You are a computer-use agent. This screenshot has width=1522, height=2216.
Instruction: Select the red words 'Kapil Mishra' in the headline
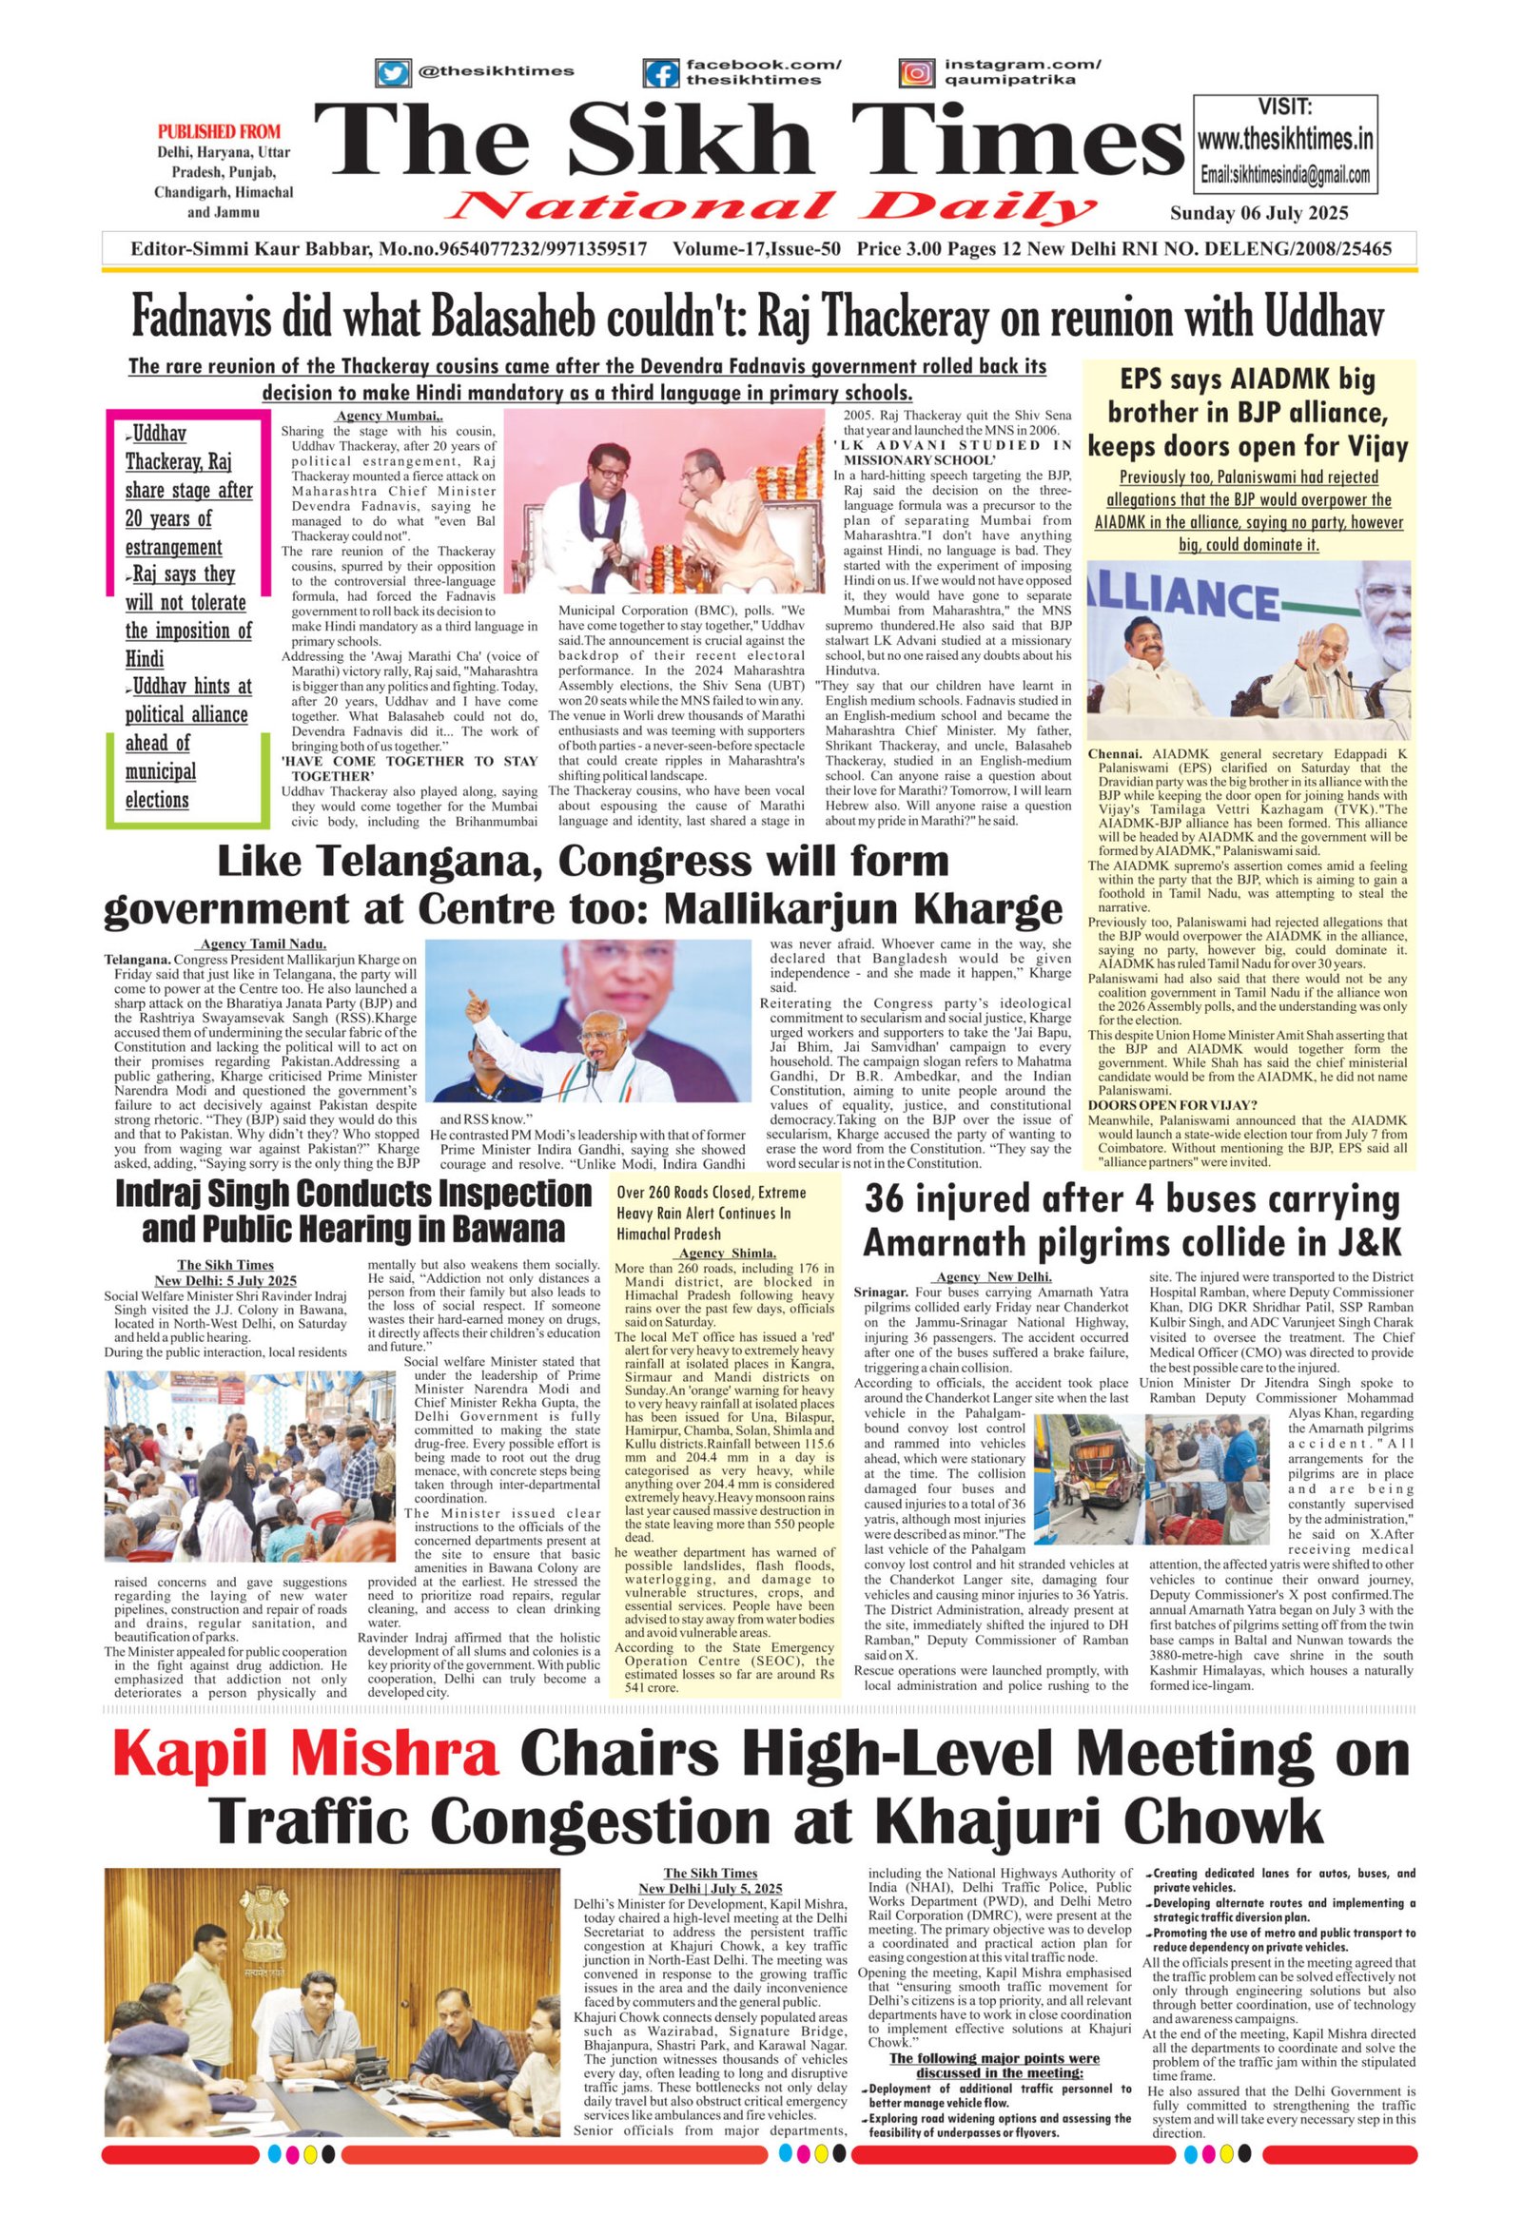[307, 1752]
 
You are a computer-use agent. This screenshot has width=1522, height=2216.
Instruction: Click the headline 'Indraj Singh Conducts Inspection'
[354, 1194]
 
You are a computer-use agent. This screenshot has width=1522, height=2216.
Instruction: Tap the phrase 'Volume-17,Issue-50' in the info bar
[756, 249]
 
